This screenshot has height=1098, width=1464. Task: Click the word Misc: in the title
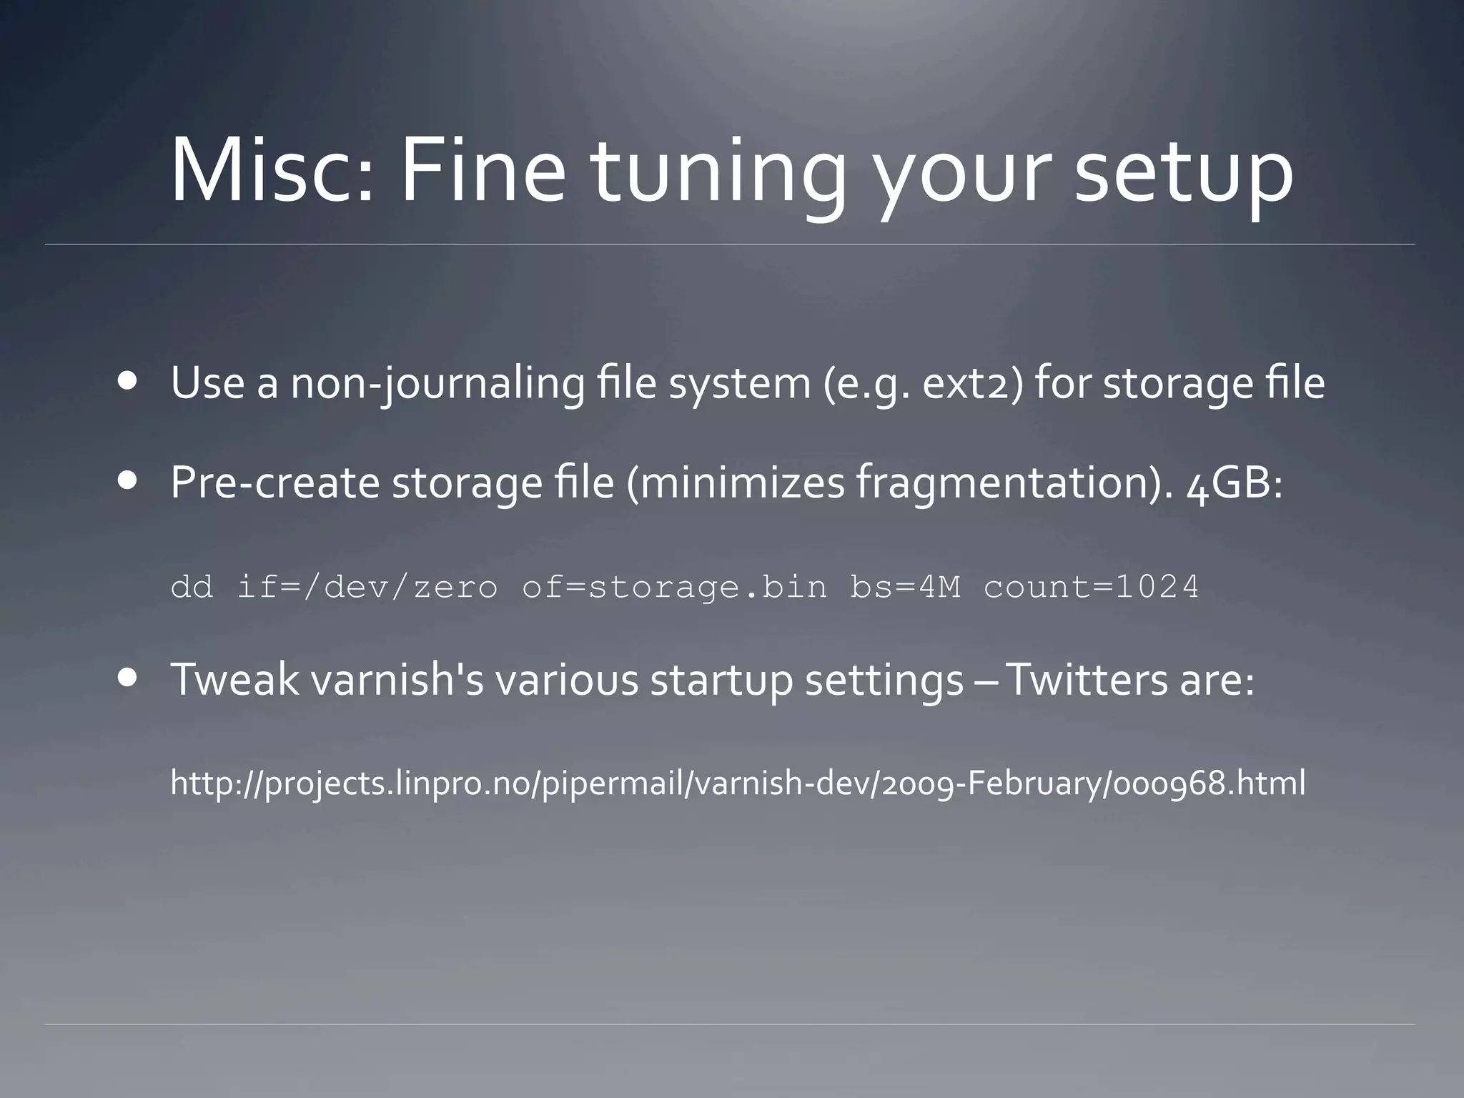tap(272, 172)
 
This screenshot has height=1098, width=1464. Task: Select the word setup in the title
tap(1184, 175)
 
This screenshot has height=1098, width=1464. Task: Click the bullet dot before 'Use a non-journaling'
tap(129, 381)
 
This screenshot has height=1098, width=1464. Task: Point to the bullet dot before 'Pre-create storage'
tap(129, 481)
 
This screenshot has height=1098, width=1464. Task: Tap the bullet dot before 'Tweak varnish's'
tap(129, 677)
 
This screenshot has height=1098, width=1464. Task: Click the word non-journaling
tap(437, 384)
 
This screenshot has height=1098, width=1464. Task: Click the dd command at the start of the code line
tap(192, 588)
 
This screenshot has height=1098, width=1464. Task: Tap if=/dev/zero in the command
tap(367, 588)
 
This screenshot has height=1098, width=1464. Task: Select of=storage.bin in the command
tap(674, 588)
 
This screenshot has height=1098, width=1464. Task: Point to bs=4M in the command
tap(905, 588)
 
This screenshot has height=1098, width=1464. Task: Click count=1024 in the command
tap(1091, 588)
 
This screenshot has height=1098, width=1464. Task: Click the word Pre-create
tap(274, 483)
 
